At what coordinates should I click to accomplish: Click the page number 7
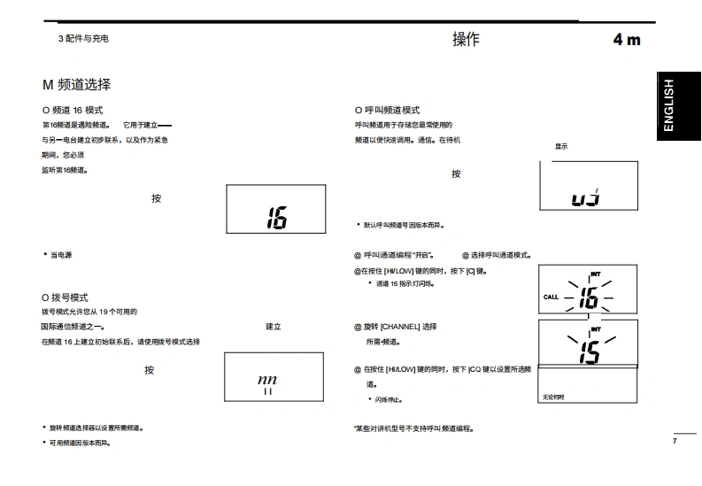tap(675, 441)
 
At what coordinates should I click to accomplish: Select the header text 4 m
tap(627, 40)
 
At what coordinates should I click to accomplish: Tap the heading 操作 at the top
tap(466, 39)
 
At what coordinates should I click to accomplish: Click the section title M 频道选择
tap(77, 85)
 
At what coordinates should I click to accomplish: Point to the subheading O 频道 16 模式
tap(73, 110)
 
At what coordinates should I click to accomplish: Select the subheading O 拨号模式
tap(66, 297)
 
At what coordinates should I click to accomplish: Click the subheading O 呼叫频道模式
tap(388, 110)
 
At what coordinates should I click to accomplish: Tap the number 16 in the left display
tap(277, 217)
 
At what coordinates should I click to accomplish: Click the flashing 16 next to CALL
tap(589, 297)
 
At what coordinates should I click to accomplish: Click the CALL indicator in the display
tap(551, 297)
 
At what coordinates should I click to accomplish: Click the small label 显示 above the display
tap(561, 146)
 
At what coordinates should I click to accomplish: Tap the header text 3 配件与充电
tap(83, 39)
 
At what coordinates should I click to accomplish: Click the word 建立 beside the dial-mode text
tap(273, 327)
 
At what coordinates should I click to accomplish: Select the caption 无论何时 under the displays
tap(553, 397)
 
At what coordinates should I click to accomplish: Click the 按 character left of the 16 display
tap(157, 198)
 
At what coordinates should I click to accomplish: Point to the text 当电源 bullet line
tap(60, 255)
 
